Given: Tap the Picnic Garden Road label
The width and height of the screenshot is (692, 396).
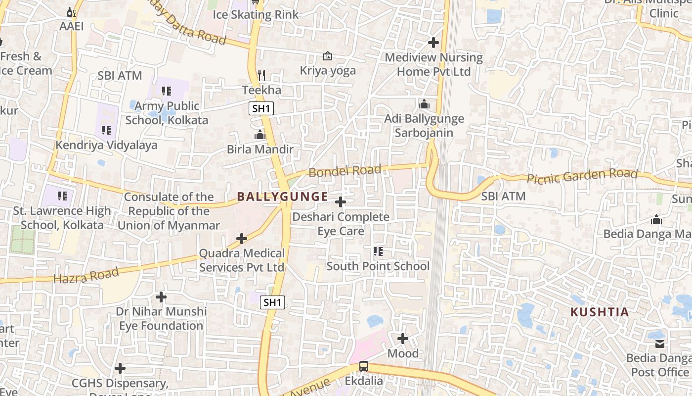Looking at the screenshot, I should click(582, 176).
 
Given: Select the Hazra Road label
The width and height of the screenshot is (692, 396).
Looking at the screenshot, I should click(86, 275).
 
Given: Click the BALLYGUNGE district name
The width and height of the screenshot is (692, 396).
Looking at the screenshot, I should click(282, 197).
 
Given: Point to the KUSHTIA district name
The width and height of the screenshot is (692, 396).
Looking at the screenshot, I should click(600, 312).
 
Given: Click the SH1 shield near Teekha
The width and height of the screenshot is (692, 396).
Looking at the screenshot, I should click(261, 109).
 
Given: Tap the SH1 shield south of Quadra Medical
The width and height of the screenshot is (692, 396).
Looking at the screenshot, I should click(272, 302).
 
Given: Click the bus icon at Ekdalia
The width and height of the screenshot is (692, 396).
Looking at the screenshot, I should click(364, 366).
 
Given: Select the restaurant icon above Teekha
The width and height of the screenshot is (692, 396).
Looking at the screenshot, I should click(261, 75).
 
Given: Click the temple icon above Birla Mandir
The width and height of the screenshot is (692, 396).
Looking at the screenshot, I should click(260, 135).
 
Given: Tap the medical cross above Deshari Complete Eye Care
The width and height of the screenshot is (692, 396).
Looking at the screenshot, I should click(341, 202).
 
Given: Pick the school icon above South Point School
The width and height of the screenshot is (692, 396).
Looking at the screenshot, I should click(378, 251).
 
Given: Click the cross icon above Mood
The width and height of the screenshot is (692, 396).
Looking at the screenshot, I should click(403, 339).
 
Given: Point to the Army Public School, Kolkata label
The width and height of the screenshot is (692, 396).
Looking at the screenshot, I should click(167, 113).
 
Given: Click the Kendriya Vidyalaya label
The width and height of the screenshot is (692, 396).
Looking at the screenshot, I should click(106, 145).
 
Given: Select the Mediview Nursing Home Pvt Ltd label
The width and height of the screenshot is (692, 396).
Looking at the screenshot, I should click(433, 64).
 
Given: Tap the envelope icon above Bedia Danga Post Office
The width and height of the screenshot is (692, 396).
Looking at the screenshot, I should click(660, 344).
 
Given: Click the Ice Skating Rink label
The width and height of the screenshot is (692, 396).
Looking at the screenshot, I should click(256, 14).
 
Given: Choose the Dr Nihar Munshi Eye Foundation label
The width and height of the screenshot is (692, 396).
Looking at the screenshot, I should click(161, 319).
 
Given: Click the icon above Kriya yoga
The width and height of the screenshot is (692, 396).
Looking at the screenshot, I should click(327, 56).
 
